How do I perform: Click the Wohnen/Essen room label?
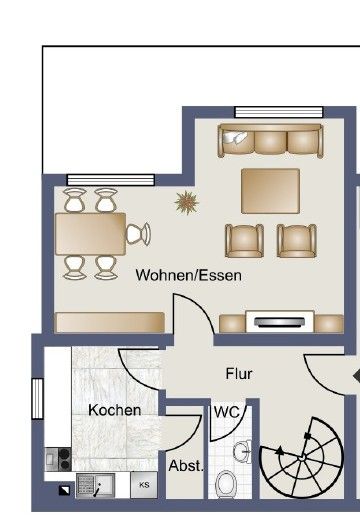(189, 273)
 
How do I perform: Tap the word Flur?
(239, 374)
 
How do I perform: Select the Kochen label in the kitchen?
(114, 410)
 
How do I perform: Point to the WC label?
(225, 412)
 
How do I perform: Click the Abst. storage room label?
(186, 465)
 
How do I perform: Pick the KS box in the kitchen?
(144, 484)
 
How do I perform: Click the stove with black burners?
(57, 459)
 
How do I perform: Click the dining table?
(90, 234)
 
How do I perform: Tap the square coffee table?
(270, 189)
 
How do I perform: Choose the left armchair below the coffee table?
(244, 240)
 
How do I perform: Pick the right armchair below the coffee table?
(296, 240)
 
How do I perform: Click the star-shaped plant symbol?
(187, 204)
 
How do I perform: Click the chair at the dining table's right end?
(138, 234)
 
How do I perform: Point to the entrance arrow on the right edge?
(355, 376)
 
